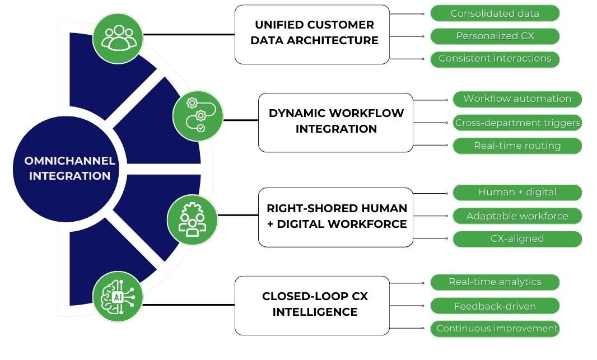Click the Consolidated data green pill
[x=495, y=13]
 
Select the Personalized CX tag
[x=495, y=36]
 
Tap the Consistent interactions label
[x=495, y=59]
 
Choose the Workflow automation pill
[x=517, y=99]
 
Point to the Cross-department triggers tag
[x=517, y=123]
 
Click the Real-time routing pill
[x=517, y=146]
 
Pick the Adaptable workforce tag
[x=517, y=216]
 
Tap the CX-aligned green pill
[x=517, y=239]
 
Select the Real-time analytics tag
[x=495, y=282]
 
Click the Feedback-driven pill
[x=495, y=306]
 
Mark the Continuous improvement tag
[x=495, y=329]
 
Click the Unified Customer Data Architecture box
[x=312, y=34]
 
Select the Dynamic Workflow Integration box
[x=335, y=122]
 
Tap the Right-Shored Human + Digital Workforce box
[x=335, y=217]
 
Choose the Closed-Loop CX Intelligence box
[x=312, y=305]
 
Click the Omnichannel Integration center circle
[x=69, y=169]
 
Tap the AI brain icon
[x=118, y=297]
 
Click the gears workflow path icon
[x=198, y=116]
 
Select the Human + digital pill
[x=517, y=193]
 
